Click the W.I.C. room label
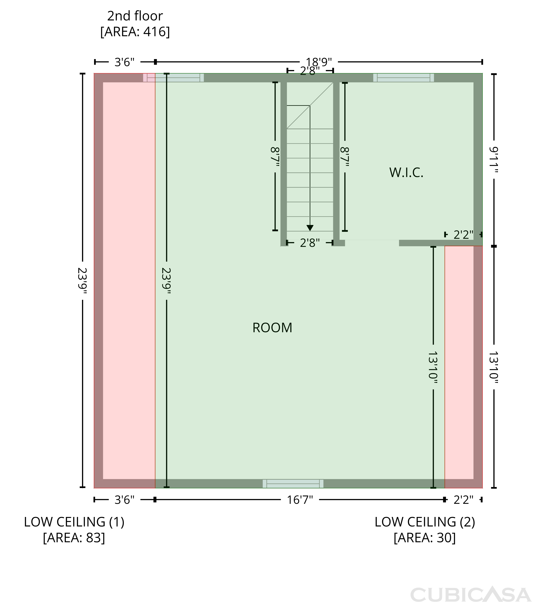tap(406, 173)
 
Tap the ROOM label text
tap(272, 328)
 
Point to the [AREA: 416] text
tap(135, 32)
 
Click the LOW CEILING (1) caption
tap(74, 522)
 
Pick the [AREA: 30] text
tap(425, 538)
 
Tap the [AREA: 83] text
tap(74, 538)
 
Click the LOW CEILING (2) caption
tap(425, 522)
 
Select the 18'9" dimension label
tap(319, 62)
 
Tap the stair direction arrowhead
tap(310, 228)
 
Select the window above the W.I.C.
tap(403, 78)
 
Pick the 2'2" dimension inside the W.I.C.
tap(463, 235)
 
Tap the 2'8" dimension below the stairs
tap(310, 243)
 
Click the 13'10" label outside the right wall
tap(494, 367)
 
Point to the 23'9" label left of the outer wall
tap(82, 281)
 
